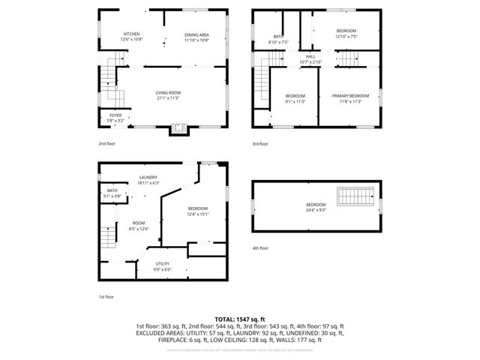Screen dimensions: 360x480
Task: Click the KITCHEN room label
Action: pos(131,34)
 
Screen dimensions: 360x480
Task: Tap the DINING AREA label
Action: pos(196,34)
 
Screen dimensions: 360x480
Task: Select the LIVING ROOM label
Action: pos(168,93)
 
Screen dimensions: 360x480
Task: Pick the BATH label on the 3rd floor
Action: pos(278,37)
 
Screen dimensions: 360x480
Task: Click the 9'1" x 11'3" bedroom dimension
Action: pos(295,101)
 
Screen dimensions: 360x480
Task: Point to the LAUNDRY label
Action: pos(148,178)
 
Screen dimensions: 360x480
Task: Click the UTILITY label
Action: pos(163,263)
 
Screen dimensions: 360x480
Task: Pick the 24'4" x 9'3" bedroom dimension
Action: pos(315,210)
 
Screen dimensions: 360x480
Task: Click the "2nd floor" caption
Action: pos(107,143)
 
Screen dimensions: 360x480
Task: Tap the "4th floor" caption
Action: pos(260,247)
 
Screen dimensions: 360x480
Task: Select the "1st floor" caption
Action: pos(106,296)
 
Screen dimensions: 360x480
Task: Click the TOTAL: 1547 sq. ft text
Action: pos(239,319)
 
